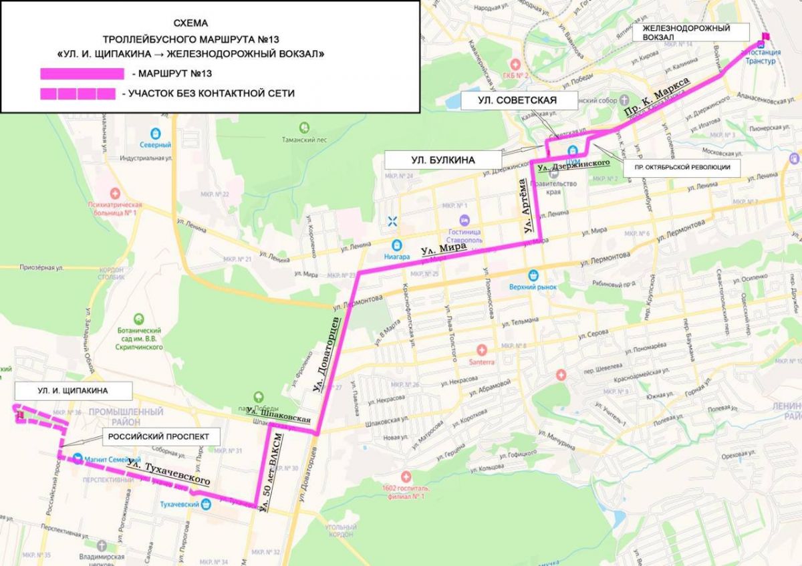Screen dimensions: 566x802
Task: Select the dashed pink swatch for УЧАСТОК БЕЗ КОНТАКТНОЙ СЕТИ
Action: (x=78, y=94)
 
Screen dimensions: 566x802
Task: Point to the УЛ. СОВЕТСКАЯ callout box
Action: (x=519, y=102)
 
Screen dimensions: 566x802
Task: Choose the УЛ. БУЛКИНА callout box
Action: (x=443, y=160)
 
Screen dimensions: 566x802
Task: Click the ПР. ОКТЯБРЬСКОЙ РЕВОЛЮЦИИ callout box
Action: (x=682, y=168)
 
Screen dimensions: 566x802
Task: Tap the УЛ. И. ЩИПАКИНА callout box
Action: (x=74, y=390)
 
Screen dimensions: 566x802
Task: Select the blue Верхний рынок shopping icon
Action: (x=533, y=274)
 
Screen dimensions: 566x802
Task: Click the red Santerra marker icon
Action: (x=481, y=349)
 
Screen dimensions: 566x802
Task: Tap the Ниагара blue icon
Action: (x=397, y=245)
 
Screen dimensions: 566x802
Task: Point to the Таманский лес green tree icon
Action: (x=304, y=126)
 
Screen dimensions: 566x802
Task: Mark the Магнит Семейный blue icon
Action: (x=78, y=459)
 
